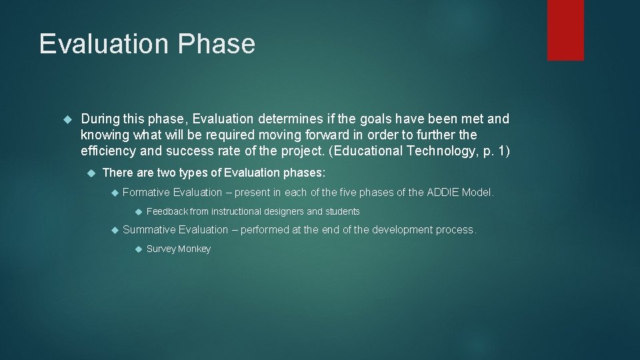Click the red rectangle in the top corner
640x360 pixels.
coord(565,30)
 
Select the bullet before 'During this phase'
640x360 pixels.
coord(66,119)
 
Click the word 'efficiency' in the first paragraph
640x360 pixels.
coord(109,151)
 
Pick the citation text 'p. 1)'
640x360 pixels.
coord(495,151)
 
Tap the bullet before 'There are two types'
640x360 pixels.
coord(91,173)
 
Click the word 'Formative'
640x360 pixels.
coord(146,193)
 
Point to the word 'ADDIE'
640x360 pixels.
coord(443,193)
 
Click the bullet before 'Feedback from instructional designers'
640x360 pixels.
coord(137,212)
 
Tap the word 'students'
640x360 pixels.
coord(342,212)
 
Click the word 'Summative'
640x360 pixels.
coord(149,230)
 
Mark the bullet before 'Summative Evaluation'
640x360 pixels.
coord(114,230)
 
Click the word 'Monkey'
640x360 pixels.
coord(195,249)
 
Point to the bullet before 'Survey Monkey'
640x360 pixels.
coord(137,249)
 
